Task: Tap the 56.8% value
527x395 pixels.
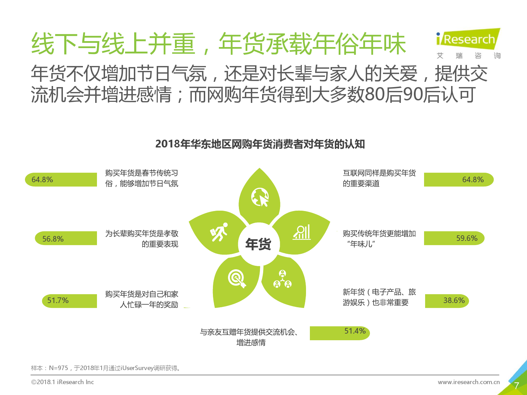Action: coord(53,239)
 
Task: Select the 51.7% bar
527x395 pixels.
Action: coord(69,301)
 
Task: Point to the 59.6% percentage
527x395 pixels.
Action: coord(467,238)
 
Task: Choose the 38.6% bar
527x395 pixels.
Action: coord(447,301)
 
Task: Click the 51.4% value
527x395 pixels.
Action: coord(355,331)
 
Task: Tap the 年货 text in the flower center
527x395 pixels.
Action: coord(258,244)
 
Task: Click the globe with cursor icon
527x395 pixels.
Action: coord(260,197)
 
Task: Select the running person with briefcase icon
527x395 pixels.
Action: coord(219,232)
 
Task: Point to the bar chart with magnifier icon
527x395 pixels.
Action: coord(301,232)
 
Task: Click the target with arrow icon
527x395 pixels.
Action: coord(237,279)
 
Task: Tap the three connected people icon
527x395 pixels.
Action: coord(282,279)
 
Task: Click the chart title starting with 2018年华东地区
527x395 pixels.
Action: coord(260,144)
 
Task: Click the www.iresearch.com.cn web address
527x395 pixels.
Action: coord(469,382)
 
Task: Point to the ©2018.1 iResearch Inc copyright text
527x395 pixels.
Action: coord(63,382)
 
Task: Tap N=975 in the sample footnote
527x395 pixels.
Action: coord(59,368)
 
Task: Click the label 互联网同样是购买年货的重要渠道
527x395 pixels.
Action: coord(379,178)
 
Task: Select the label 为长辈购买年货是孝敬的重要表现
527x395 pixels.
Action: coord(142,239)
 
